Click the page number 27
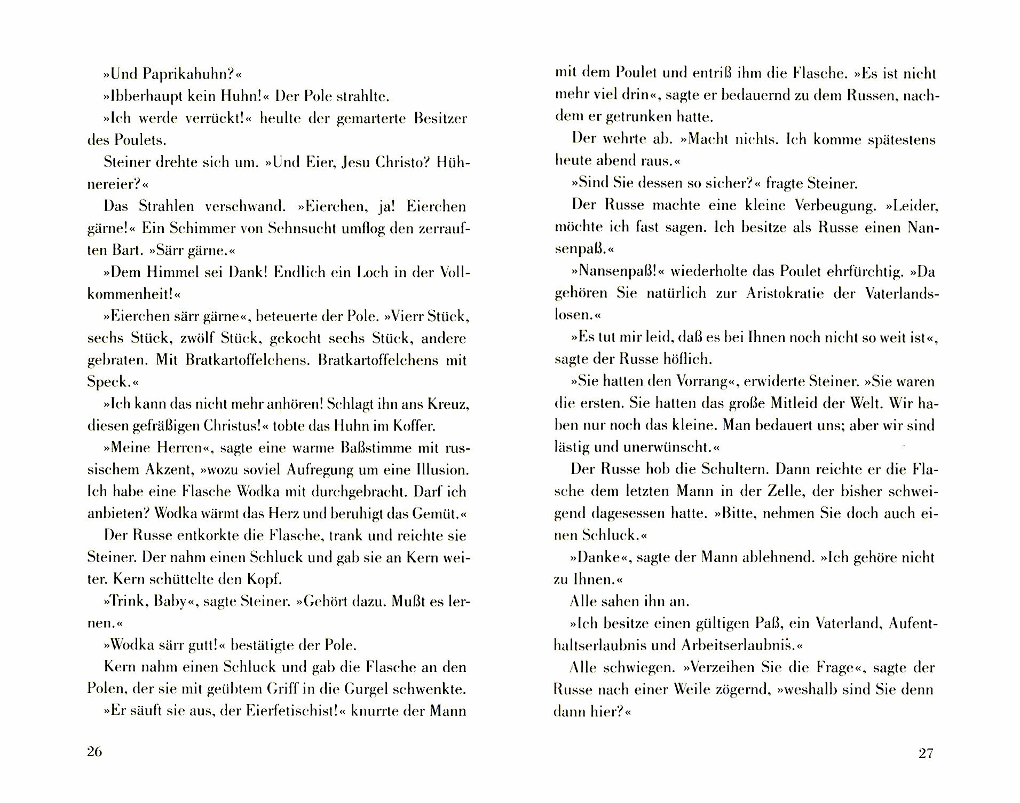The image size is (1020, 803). coord(926,753)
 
